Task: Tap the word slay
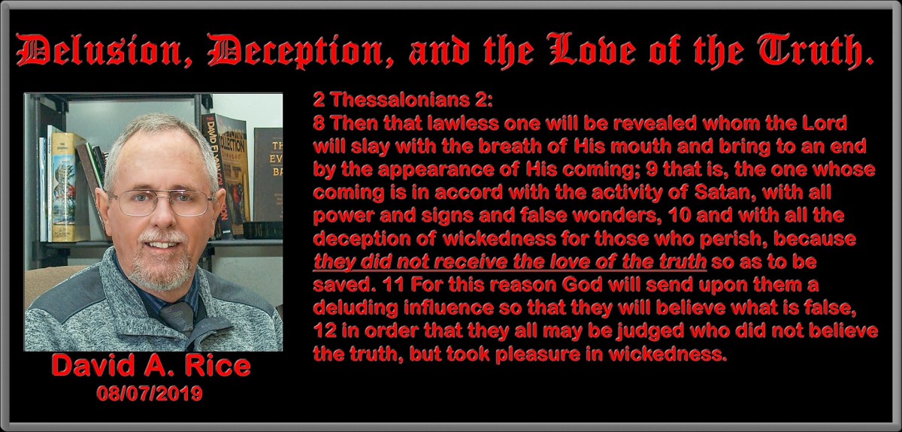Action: [363, 146]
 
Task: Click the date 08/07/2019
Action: [150, 393]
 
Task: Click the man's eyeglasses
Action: [162, 202]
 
